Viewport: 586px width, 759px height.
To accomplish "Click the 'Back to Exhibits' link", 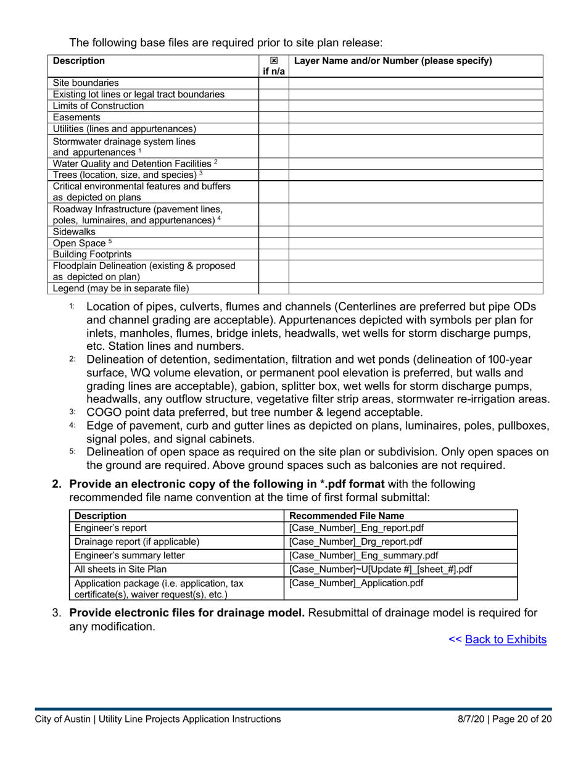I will click(x=505, y=639).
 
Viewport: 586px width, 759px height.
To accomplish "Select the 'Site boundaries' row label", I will click(x=86, y=83).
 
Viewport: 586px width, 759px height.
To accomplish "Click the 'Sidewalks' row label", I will click(x=74, y=231).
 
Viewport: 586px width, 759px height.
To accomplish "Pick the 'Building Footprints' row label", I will click(x=92, y=254).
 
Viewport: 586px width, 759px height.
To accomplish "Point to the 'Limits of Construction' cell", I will click(x=98, y=106).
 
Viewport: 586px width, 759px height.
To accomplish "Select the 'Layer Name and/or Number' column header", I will click(x=393, y=60).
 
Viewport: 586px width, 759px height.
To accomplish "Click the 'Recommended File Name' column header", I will click(x=347, y=516).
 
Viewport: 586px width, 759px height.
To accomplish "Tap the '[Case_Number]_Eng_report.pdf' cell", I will click(x=356, y=528).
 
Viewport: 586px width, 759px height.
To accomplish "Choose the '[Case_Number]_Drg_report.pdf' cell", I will click(x=355, y=542).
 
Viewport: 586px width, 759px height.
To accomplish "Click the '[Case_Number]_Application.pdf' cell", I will click(x=356, y=583).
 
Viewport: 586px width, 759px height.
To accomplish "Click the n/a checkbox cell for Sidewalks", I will click(x=273, y=231).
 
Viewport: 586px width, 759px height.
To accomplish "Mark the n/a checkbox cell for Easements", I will click(x=273, y=117).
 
